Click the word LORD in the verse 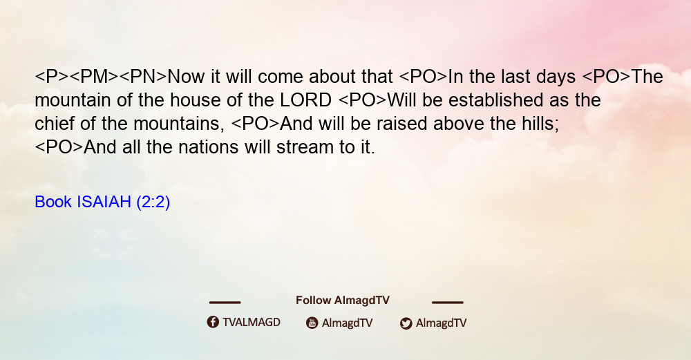[306, 100]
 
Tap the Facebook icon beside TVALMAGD [213, 322]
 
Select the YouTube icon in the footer [312, 323]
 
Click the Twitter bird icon [406, 323]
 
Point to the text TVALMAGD [252, 322]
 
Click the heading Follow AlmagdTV [343, 301]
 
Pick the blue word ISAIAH [104, 202]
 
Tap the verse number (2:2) [153, 202]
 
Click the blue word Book [53, 202]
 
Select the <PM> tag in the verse [94, 77]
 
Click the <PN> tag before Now [143, 77]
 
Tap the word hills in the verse [541, 124]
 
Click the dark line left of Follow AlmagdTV [225, 302]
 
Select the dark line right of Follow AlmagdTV [448, 302]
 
